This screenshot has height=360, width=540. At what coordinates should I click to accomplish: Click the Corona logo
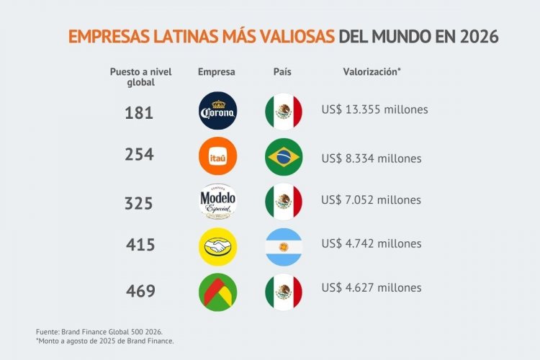(217, 110)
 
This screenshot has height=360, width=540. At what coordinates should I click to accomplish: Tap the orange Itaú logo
(217, 156)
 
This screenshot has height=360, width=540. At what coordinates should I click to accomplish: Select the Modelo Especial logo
(217, 201)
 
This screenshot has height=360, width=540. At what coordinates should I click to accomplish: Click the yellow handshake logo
(217, 246)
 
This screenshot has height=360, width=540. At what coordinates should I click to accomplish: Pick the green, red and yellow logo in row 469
(217, 291)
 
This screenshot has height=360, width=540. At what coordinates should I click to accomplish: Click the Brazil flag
(284, 156)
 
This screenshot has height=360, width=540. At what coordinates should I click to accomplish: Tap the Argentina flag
(284, 246)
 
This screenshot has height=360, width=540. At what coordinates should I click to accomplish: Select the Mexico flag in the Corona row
(284, 110)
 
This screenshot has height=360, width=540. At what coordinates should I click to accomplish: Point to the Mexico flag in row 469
(284, 291)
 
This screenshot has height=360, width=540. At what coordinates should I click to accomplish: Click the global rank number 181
(139, 112)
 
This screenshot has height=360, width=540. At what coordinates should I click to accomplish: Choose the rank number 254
(139, 155)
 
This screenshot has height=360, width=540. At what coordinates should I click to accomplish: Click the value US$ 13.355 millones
(374, 110)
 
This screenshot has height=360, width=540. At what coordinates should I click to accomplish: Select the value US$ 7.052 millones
(371, 199)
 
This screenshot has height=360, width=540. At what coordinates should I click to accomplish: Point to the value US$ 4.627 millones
(371, 288)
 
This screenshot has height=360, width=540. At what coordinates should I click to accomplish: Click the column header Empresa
(217, 72)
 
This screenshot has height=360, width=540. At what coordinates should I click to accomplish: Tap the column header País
(282, 72)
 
